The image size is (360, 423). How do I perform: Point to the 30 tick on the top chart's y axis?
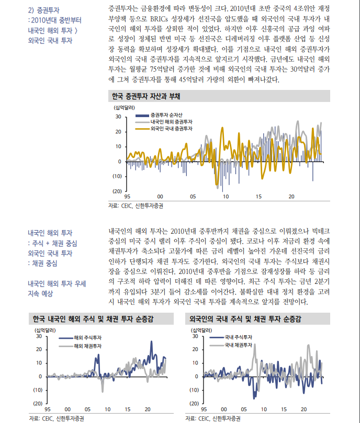118,117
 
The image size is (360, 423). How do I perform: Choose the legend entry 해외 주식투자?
87,338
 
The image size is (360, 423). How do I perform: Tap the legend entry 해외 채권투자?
87,346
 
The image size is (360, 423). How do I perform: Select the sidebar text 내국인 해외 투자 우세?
57,283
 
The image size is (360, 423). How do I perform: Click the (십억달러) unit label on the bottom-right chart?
201,329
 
